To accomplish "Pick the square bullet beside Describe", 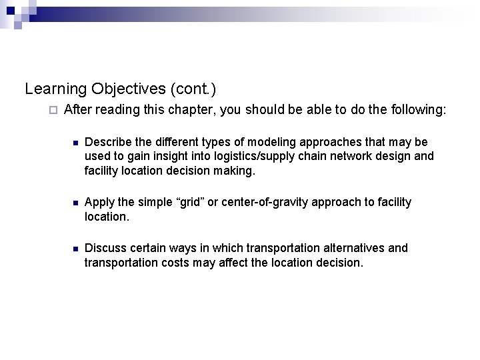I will point(76,143).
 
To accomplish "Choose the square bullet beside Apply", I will point(76,203).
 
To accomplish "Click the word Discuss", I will point(105,249).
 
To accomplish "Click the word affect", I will point(221,263).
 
